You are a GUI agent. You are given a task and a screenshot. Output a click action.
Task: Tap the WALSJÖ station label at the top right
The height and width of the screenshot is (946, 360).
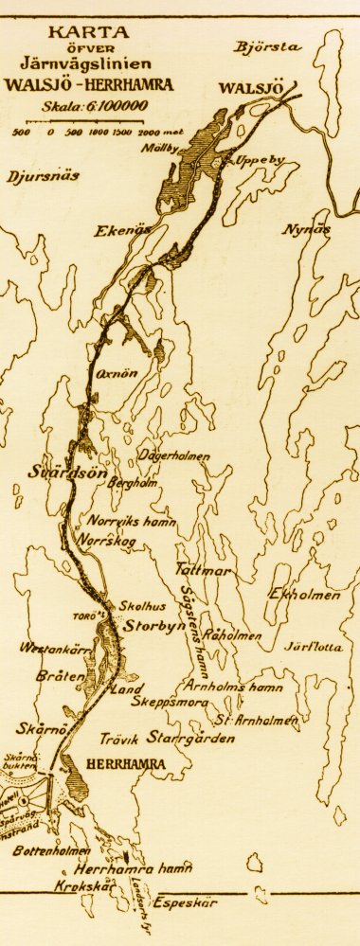(x=251, y=89)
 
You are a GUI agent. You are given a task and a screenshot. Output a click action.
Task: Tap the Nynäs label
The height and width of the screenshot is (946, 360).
(x=306, y=230)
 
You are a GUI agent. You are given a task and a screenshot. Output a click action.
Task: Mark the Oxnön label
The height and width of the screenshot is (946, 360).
(x=115, y=373)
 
